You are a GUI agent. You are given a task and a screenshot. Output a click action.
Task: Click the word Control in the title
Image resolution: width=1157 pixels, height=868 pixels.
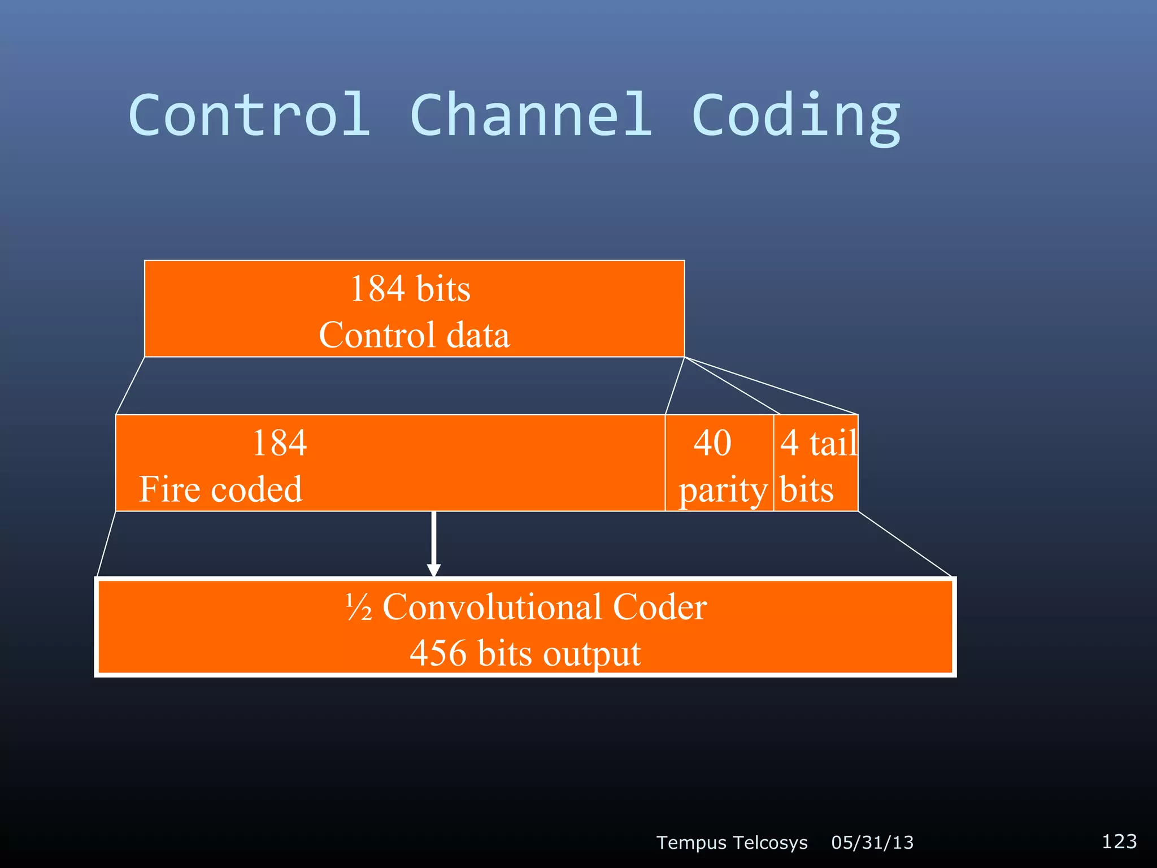tap(250, 115)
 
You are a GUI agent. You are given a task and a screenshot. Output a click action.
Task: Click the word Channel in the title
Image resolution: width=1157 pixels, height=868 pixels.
tap(531, 115)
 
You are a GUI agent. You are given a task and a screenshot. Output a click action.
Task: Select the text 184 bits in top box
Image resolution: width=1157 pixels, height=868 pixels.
tap(410, 289)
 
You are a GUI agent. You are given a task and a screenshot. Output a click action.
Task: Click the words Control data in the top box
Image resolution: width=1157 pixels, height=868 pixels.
tap(414, 335)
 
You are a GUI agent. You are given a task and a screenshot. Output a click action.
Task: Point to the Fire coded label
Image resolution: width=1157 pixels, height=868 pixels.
tap(221, 489)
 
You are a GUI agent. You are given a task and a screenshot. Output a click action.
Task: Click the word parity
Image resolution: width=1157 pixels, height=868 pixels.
tap(723, 490)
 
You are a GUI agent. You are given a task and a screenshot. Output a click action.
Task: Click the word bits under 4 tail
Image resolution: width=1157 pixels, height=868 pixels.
tap(807, 489)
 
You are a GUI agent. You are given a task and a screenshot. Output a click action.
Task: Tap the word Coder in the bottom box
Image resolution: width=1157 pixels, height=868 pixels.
tap(659, 607)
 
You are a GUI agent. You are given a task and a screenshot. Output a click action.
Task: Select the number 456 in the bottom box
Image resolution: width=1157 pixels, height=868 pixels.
tap(438, 654)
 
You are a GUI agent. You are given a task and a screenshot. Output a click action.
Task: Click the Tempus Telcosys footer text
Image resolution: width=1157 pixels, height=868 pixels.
tap(732, 843)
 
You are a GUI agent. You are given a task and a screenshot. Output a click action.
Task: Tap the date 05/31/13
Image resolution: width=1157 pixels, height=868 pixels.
tap(872, 843)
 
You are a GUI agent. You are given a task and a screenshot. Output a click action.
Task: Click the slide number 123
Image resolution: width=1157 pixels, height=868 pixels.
tap(1119, 841)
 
